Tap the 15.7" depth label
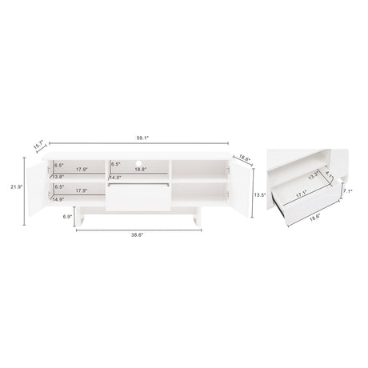37,146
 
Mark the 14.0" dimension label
116,177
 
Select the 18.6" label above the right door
244,159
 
